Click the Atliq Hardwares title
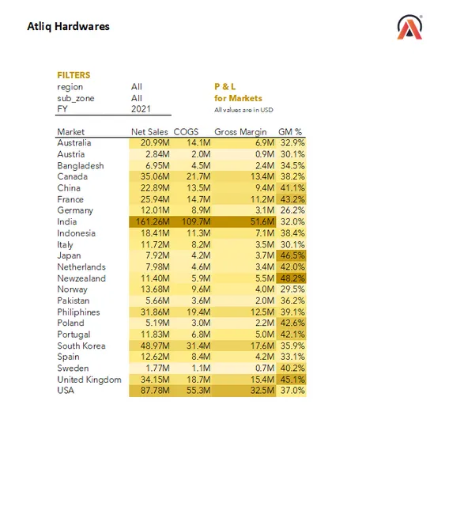pyautogui.click(x=68, y=26)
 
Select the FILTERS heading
pyautogui.click(x=74, y=75)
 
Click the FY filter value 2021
pyautogui.click(x=141, y=109)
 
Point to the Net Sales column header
pyautogui.click(x=150, y=131)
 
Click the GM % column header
pyautogui.click(x=290, y=131)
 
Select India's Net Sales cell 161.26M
pyautogui.click(x=151, y=222)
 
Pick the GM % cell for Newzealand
pyautogui.click(x=291, y=278)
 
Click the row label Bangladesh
pyautogui.click(x=81, y=165)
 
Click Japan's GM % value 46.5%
pyautogui.click(x=291, y=256)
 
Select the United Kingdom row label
pyautogui.click(x=89, y=380)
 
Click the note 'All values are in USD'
pyautogui.click(x=243, y=110)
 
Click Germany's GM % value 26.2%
pyautogui.click(x=291, y=210)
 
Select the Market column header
pyautogui.click(x=71, y=131)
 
